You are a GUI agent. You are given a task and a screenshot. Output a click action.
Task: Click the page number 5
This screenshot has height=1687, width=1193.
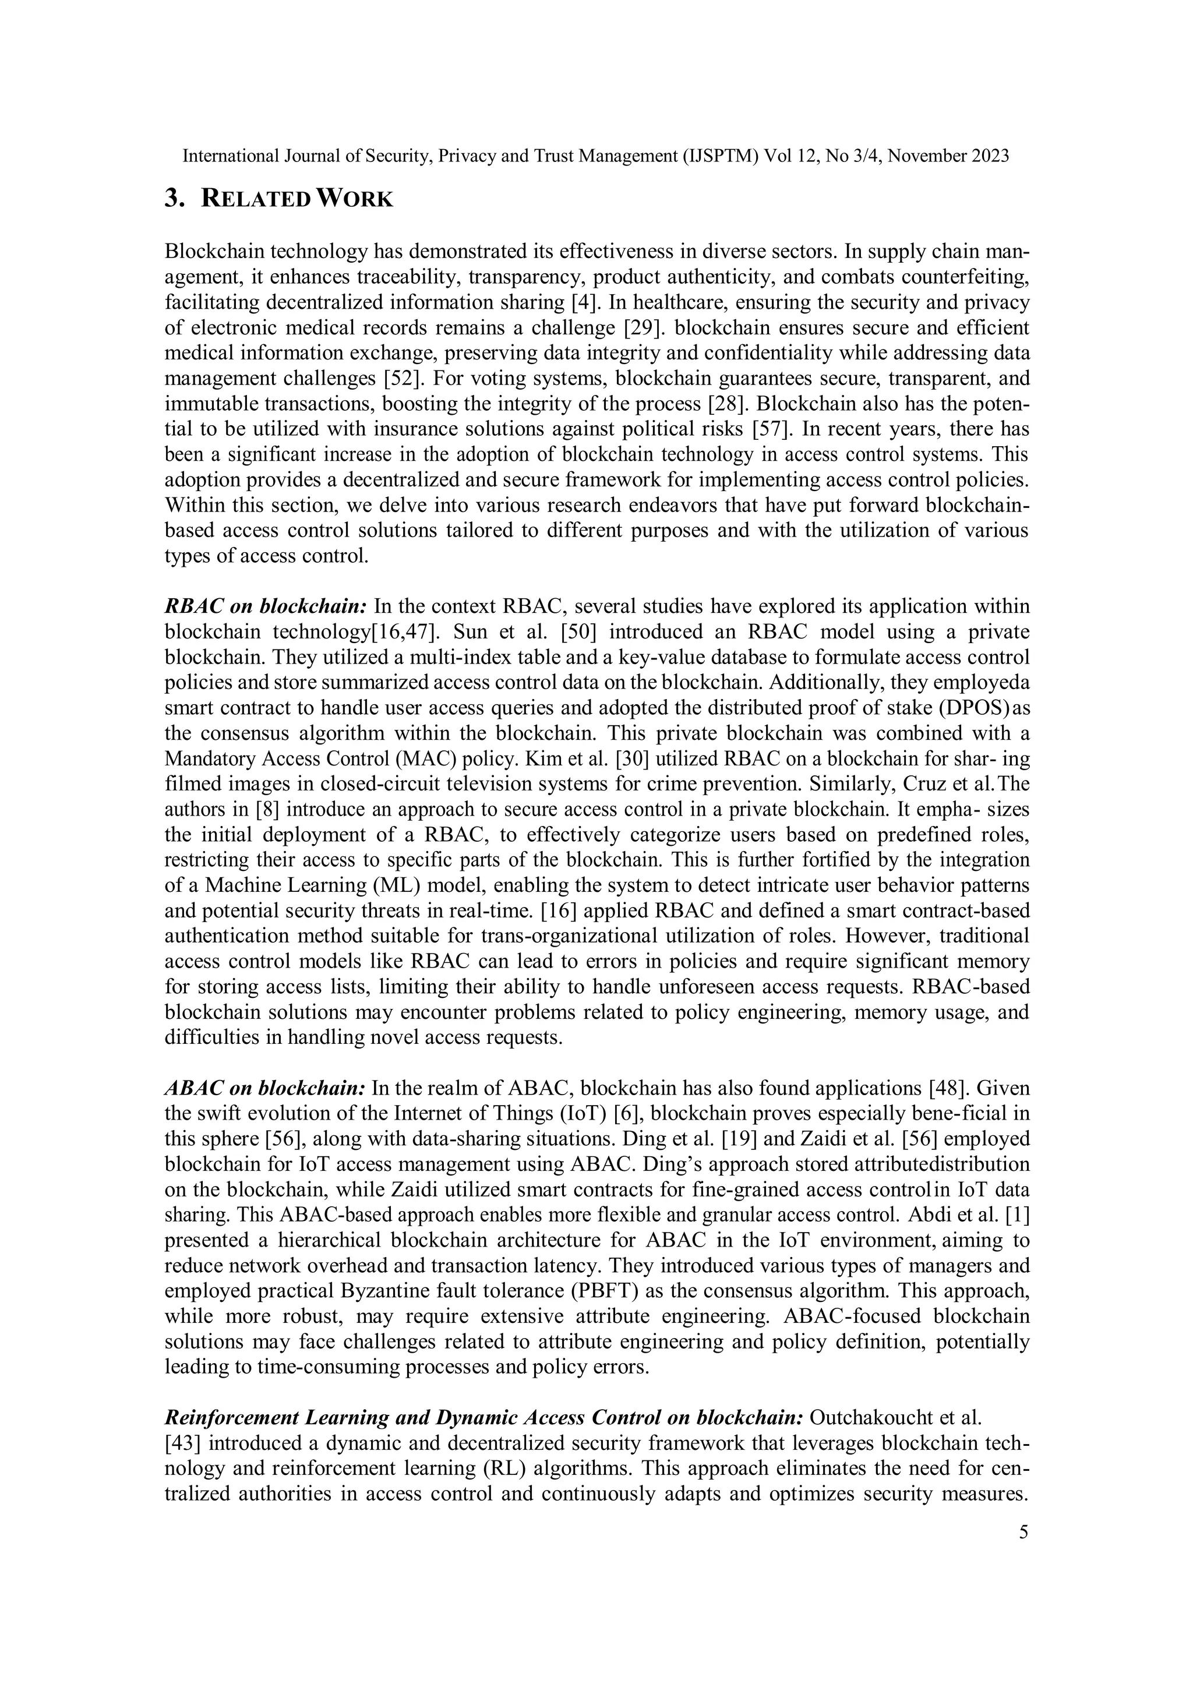click(x=1023, y=1532)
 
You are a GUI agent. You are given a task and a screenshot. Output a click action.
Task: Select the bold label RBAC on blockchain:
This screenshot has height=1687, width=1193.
click(x=265, y=607)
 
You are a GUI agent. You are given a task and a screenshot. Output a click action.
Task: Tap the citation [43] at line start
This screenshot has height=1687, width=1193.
click(x=183, y=1443)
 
